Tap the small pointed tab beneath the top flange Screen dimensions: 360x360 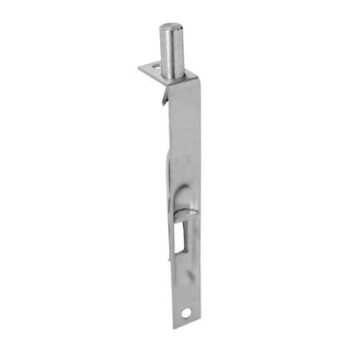tap(164, 99)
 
